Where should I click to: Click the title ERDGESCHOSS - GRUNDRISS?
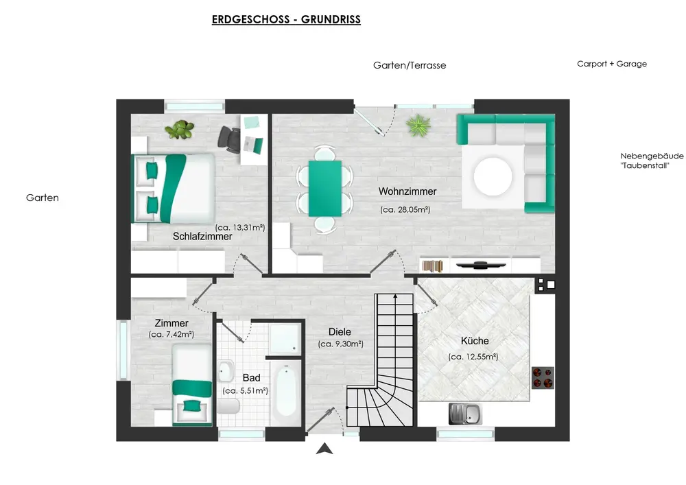(x=286, y=20)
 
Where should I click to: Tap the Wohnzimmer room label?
(x=407, y=191)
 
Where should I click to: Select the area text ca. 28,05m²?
(x=405, y=209)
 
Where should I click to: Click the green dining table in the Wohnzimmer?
(x=324, y=189)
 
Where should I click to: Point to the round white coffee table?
(x=493, y=176)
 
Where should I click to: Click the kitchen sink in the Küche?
(x=465, y=414)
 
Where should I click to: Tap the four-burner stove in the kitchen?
(x=543, y=378)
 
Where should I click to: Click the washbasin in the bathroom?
(x=226, y=371)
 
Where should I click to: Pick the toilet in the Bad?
(x=228, y=406)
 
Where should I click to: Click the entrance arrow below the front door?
(x=324, y=448)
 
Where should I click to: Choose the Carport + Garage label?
(x=612, y=64)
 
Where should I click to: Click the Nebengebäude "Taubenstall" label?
(x=652, y=161)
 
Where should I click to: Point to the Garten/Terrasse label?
(x=410, y=66)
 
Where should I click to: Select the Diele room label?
(x=340, y=332)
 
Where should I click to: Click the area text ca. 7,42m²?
(x=171, y=335)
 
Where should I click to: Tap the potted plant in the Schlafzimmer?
(x=179, y=130)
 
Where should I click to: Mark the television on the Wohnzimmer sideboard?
(x=481, y=265)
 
